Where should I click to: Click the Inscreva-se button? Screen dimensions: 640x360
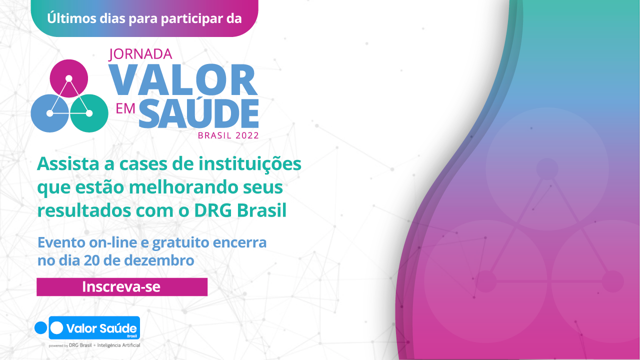coord(122,287)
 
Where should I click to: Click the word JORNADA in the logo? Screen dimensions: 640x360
coord(140,54)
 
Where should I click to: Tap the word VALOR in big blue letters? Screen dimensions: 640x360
coord(183,79)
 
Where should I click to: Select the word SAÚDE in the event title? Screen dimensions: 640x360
coord(199,113)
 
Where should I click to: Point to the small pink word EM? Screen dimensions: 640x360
coord(125,109)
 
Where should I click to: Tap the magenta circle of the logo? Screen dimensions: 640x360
coord(69,78)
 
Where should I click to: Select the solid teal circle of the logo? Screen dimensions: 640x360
coord(89,113)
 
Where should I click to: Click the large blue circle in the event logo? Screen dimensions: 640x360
coord(49,113)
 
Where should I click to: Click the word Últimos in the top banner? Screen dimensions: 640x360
coord(71,18)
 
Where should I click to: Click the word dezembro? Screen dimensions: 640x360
coord(159,260)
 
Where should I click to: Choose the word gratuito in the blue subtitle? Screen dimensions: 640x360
coord(181,243)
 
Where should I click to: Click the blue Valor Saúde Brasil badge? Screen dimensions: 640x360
coord(94,327)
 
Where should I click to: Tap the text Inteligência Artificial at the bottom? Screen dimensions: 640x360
coord(118,345)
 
